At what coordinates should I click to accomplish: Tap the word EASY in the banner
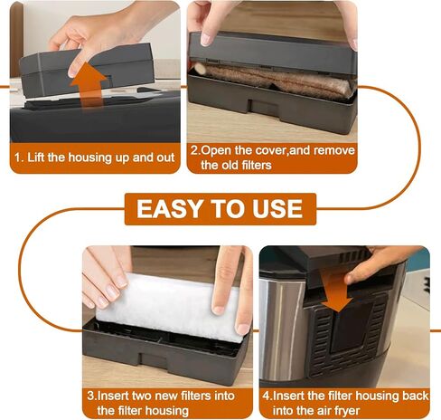169,209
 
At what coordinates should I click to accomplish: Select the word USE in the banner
277,209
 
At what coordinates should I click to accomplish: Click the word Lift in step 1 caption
36,157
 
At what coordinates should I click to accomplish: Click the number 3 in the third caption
90,396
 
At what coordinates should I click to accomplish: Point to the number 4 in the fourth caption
266,396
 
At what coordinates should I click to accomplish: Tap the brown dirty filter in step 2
273,79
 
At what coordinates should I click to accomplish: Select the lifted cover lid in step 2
273,52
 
